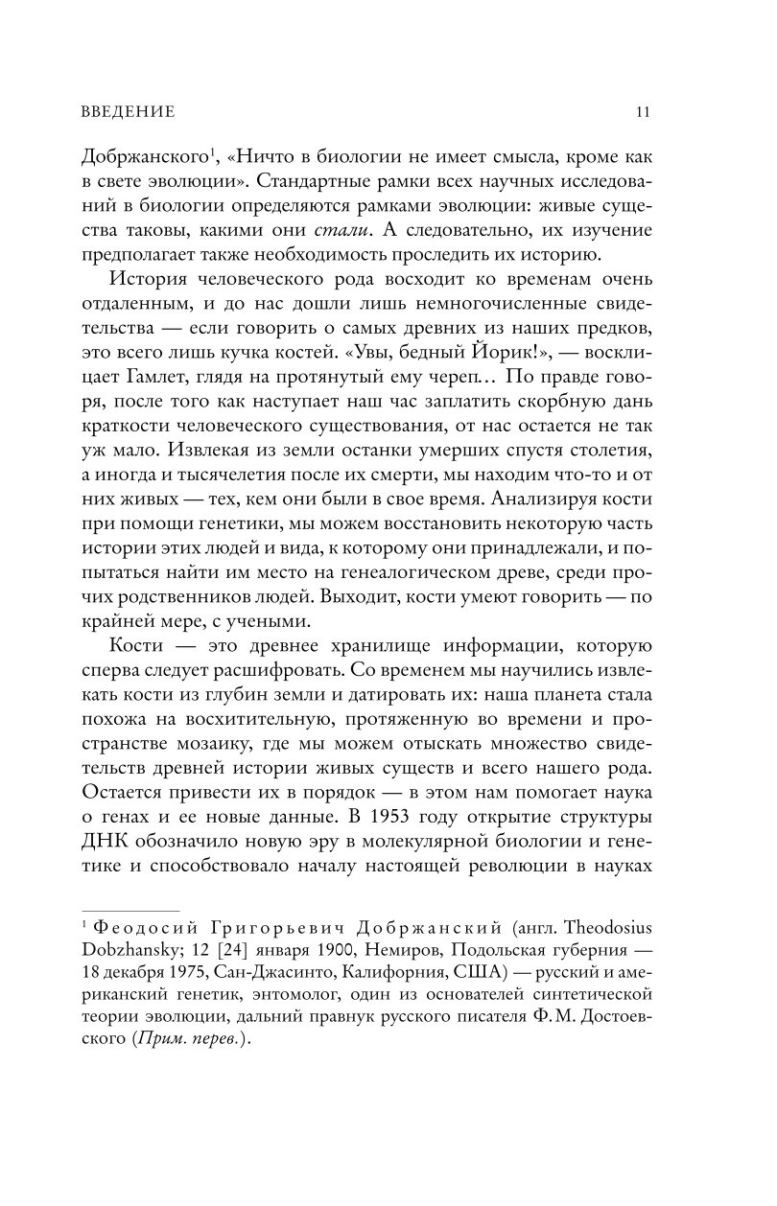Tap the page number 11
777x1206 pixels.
coord(644,112)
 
